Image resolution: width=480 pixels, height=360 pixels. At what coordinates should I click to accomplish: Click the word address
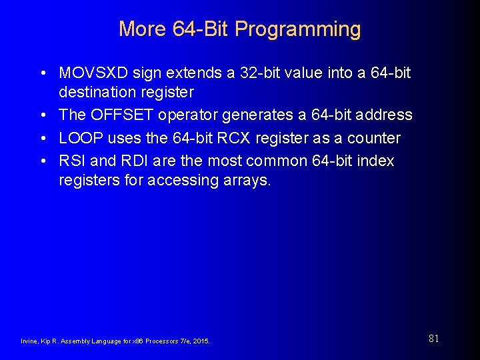tap(383, 115)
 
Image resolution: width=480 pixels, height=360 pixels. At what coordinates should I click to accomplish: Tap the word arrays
tap(245, 181)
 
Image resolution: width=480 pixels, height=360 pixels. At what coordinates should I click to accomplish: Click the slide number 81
tap(433, 339)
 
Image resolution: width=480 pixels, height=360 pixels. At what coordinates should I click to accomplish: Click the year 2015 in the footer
tap(200, 341)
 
